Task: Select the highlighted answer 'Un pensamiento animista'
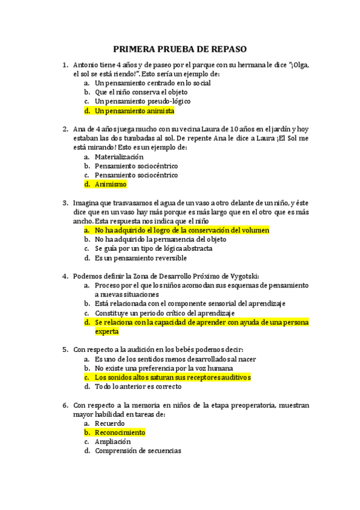point(135,111)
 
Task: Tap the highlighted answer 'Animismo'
point(111,185)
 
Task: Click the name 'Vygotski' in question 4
point(241,276)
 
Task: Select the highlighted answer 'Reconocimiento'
point(120,432)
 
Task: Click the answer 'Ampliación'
point(112,442)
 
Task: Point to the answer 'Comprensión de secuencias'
point(138,451)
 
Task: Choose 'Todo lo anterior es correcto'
point(138,387)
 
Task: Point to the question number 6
point(65,405)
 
